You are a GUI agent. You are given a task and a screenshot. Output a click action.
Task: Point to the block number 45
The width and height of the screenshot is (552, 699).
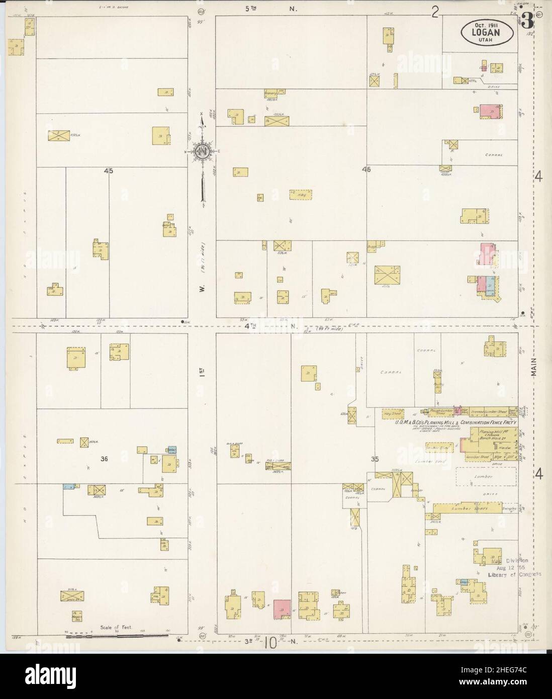(108, 171)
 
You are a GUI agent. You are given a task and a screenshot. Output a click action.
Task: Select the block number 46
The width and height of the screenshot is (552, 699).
(365, 169)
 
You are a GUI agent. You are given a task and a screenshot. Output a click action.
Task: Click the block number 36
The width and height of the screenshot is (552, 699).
(105, 458)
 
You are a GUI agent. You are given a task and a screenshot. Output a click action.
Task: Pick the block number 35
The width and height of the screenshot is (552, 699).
(374, 458)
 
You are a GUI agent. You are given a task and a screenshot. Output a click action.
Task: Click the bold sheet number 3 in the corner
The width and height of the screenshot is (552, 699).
(526, 21)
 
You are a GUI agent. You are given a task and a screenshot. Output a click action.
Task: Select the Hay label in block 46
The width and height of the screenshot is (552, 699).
(301, 195)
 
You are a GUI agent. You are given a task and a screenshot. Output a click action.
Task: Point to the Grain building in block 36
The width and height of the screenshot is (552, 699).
(71, 596)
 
